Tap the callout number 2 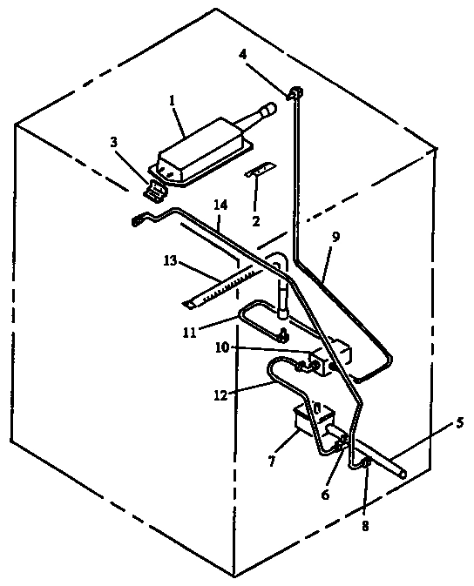click(255, 221)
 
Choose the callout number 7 click(272, 461)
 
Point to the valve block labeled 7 click(312, 420)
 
